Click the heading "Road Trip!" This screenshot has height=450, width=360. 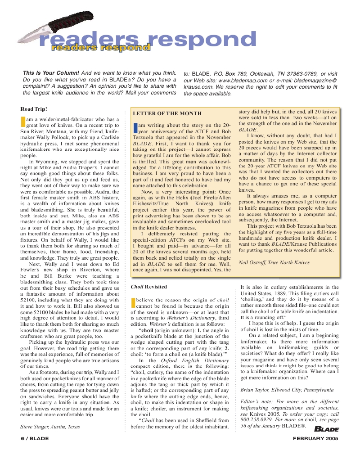coord(34,109)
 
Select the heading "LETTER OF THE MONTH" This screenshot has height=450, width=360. coord(167,113)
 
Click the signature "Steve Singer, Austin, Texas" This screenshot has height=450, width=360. coord(50,427)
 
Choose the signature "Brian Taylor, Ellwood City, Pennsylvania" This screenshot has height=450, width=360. coord(287,390)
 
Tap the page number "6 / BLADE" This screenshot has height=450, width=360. coord(35,438)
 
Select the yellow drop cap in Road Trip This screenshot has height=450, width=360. coord(23,122)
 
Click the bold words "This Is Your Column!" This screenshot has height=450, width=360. coord(51,73)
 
